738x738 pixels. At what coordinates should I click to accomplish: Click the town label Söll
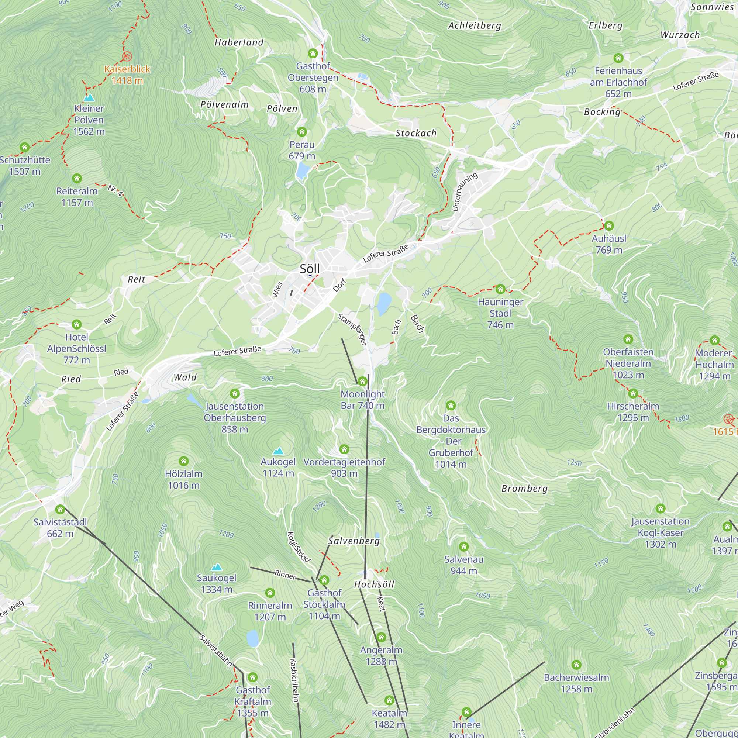(x=310, y=269)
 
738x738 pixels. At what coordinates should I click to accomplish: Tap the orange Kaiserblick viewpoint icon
(x=127, y=56)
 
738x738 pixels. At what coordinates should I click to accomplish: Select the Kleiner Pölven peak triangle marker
(x=89, y=97)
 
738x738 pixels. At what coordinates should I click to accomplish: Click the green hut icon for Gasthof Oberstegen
(x=313, y=53)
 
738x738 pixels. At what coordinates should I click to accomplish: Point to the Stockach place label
(x=415, y=133)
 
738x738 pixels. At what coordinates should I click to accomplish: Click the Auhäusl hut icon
(x=609, y=225)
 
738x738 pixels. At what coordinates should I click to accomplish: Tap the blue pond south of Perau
(x=303, y=170)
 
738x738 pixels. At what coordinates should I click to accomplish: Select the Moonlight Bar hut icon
(x=362, y=381)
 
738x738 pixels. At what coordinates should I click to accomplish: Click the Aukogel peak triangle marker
(x=278, y=451)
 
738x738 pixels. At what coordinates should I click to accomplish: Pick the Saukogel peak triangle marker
(x=217, y=567)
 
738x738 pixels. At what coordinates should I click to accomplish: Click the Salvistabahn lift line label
(x=216, y=650)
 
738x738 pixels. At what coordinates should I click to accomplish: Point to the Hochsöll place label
(x=374, y=584)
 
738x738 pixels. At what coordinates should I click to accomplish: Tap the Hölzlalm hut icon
(x=184, y=461)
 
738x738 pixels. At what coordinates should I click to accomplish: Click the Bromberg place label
(x=524, y=489)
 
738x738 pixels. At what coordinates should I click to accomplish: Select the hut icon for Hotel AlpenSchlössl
(x=77, y=324)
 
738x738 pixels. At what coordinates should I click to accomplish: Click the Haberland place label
(x=239, y=42)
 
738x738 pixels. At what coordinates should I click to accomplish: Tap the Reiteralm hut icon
(x=77, y=178)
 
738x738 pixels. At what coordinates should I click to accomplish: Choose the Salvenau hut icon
(x=464, y=546)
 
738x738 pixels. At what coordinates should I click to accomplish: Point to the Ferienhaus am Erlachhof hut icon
(x=618, y=58)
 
